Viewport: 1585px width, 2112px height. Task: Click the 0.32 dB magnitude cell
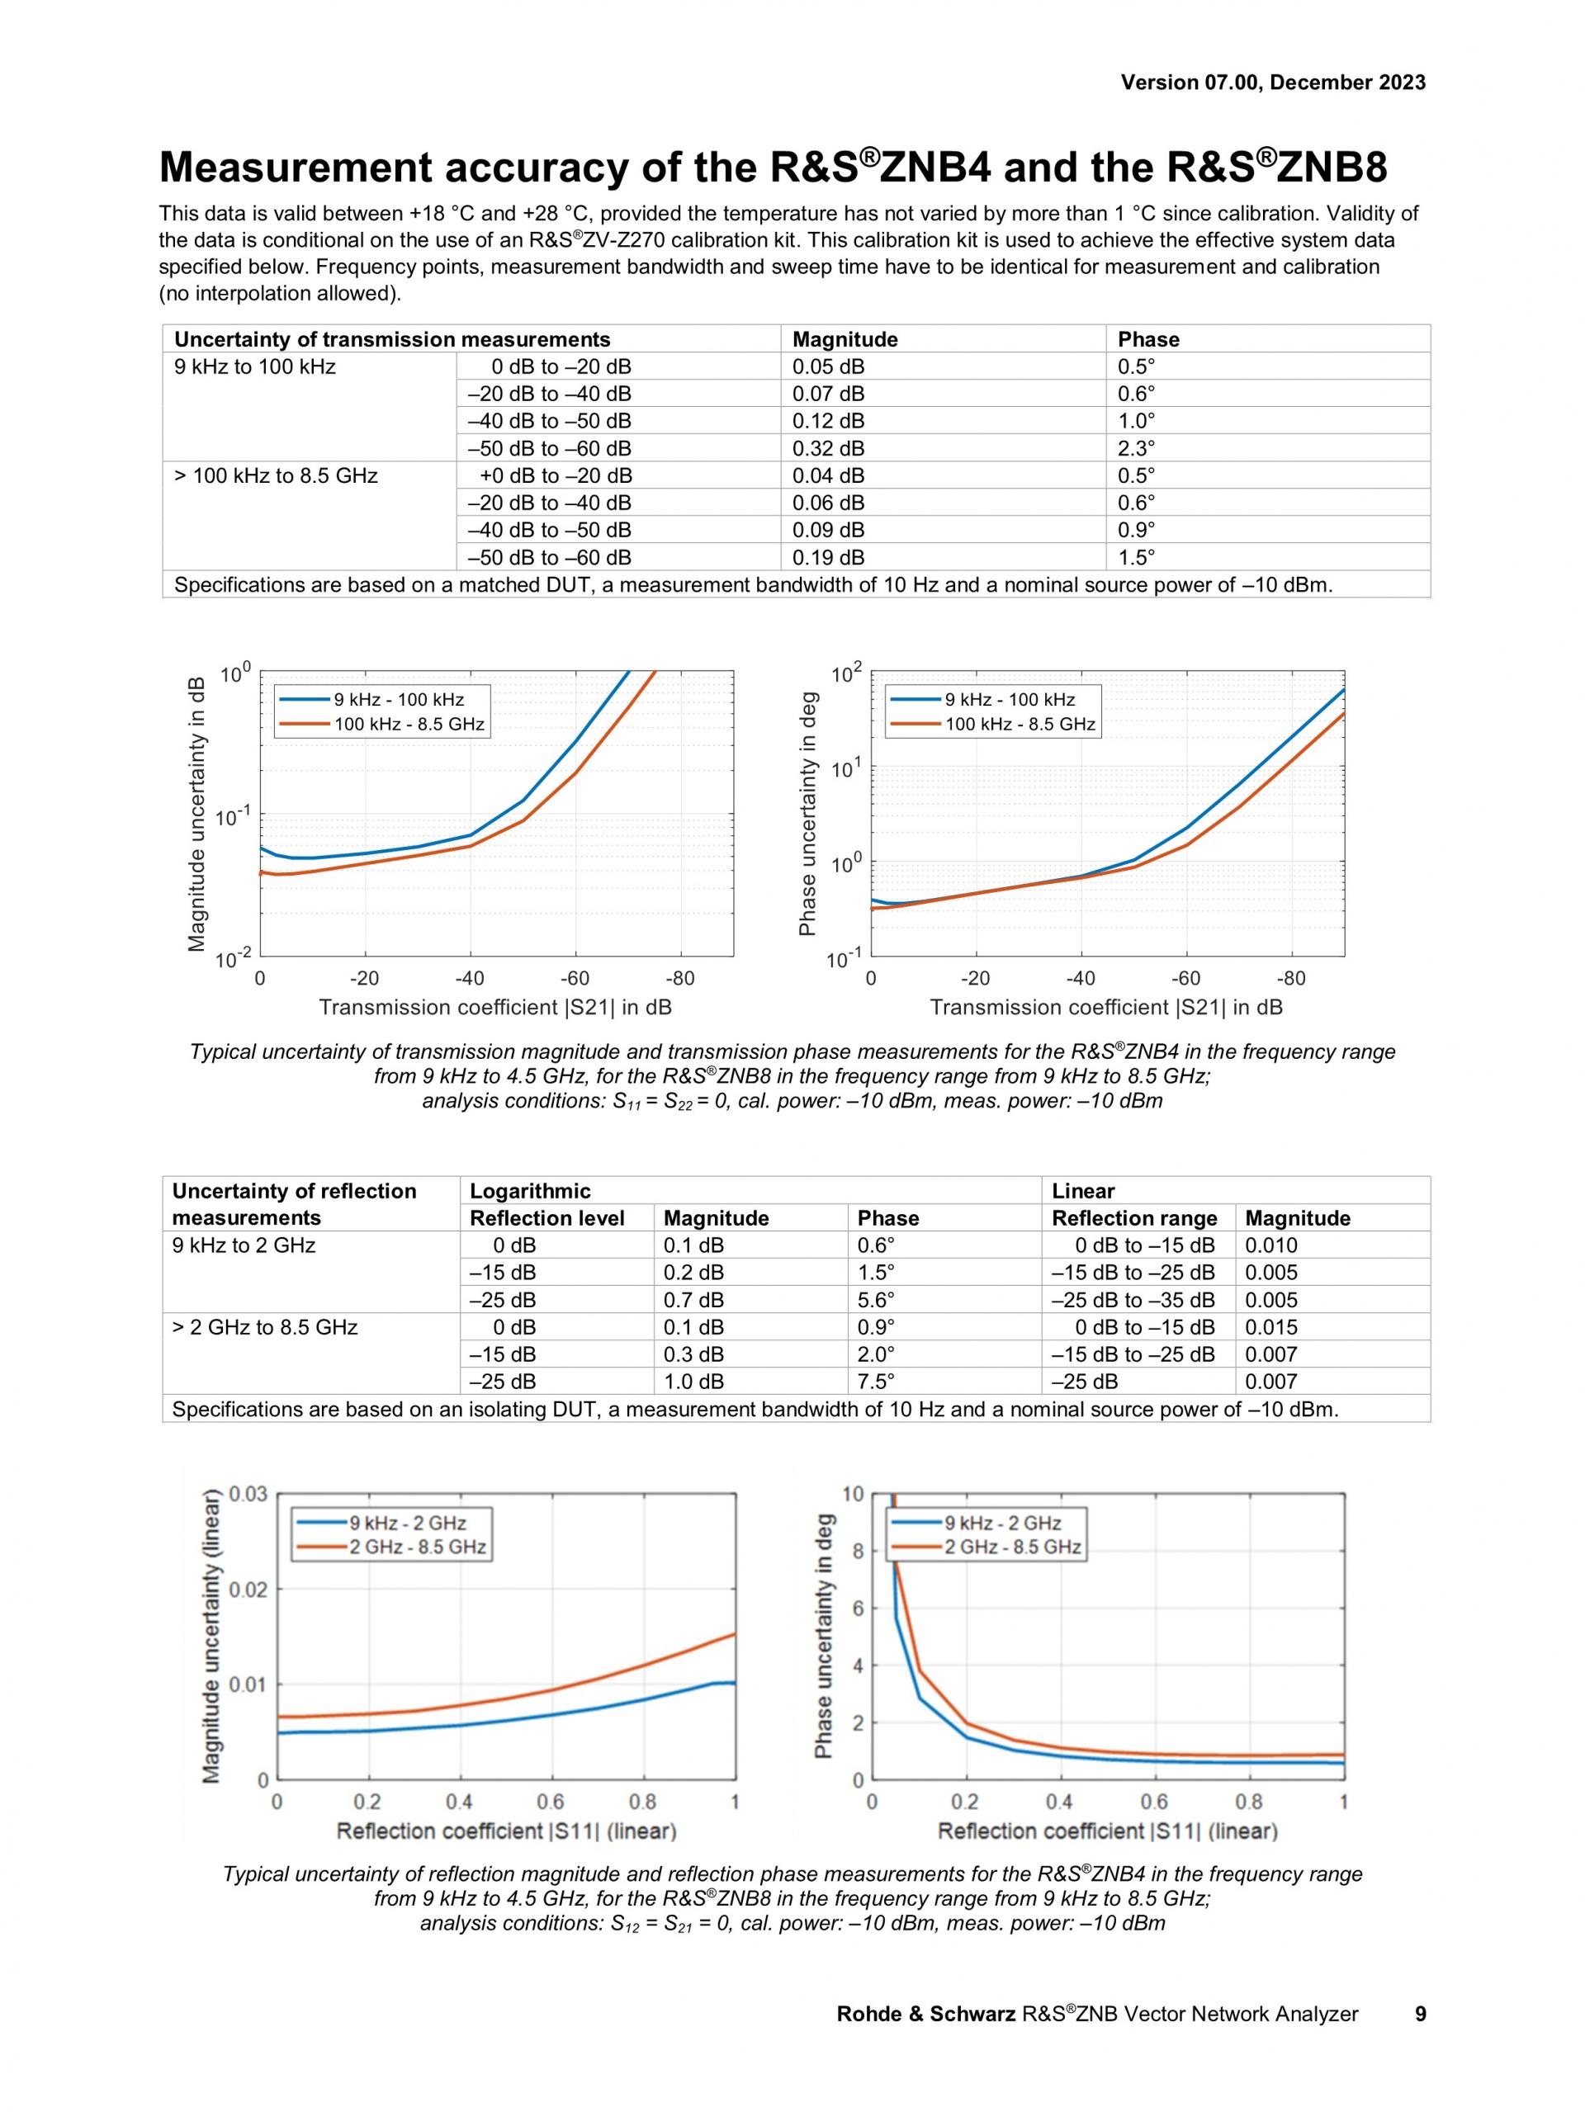(x=828, y=448)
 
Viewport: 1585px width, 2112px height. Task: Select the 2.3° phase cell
(x=1136, y=448)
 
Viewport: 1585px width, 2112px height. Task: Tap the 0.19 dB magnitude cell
(x=828, y=556)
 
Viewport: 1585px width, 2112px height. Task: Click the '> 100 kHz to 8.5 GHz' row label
(x=276, y=475)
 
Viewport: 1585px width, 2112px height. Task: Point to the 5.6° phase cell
(x=876, y=1300)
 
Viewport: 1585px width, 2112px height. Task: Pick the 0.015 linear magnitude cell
(x=1270, y=1327)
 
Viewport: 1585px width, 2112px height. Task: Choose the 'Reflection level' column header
(x=546, y=1218)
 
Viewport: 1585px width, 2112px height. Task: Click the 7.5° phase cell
(x=876, y=1382)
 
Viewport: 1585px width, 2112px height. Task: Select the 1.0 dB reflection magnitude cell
(x=693, y=1382)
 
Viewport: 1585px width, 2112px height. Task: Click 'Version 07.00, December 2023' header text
(x=1273, y=83)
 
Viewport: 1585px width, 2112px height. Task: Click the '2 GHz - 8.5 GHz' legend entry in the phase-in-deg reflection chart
(x=1012, y=1547)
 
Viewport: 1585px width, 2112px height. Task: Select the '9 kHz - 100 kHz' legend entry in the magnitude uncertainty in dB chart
(x=398, y=700)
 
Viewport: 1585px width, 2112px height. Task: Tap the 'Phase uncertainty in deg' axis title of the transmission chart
(x=808, y=812)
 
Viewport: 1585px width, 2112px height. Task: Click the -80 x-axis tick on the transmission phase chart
(x=1291, y=979)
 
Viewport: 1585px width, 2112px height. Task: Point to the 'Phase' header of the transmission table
(x=1148, y=339)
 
